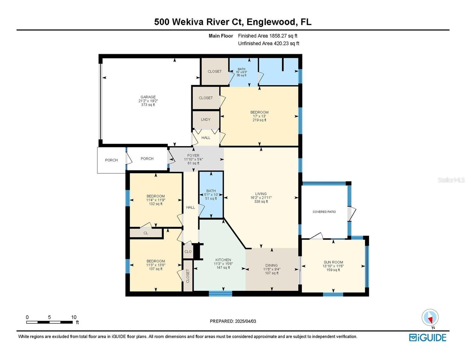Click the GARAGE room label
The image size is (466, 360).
click(148, 97)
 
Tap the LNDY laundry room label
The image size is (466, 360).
click(206, 119)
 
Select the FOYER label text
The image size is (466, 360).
click(193, 155)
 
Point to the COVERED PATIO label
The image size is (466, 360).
click(324, 212)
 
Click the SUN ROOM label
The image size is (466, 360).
click(333, 262)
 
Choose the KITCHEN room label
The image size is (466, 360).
click(223, 260)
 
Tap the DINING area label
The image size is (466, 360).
click(272, 265)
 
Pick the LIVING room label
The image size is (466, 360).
click(261, 193)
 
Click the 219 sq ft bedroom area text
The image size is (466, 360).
click(259, 120)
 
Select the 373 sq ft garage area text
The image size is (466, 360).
click(148, 105)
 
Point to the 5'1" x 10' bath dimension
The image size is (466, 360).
click(211, 195)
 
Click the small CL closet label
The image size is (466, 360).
click(146, 233)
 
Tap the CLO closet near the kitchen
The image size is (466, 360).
click(188, 251)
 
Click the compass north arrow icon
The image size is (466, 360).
click(430, 318)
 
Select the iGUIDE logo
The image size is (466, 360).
click(428, 337)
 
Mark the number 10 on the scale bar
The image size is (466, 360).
click(74, 317)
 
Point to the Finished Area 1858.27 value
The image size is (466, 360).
click(278, 36)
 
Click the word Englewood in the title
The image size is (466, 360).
click(271, 22)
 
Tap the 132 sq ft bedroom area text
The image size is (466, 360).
click(156, 204)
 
